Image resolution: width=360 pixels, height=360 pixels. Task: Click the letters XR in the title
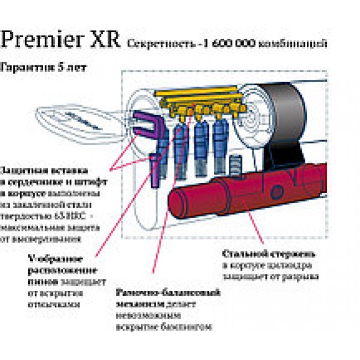101,40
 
